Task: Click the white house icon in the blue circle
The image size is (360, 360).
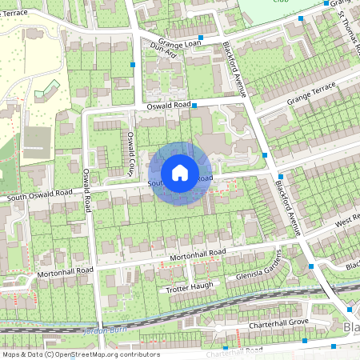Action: (x=180, y=173)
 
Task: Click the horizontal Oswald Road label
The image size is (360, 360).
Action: (x=168, y=106)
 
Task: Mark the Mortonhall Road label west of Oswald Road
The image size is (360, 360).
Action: (x=65, y=272)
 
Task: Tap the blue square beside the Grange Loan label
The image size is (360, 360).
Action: (x=201, y=37)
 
